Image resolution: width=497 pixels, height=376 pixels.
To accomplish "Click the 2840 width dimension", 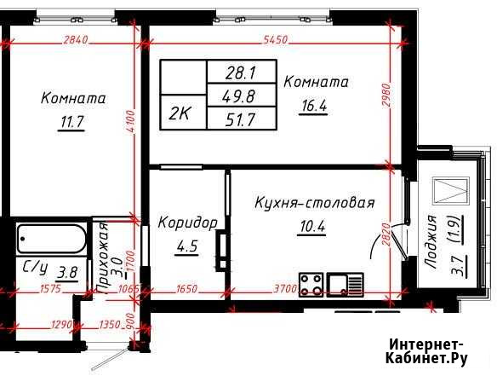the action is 76,40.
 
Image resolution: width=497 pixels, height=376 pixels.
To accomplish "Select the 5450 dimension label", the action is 275,40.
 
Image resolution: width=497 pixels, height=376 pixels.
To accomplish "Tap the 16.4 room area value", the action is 314,106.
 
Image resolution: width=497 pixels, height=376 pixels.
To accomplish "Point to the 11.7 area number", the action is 71,122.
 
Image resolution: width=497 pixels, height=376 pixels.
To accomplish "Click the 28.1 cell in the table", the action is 240,73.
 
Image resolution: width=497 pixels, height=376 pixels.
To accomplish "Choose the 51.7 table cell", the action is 240,119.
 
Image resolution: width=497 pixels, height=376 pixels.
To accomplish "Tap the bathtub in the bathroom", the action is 51,239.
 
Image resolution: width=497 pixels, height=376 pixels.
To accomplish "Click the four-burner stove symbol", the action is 311,285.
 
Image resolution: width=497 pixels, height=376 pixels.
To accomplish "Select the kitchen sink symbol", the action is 346,285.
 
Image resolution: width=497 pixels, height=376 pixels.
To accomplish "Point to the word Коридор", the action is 187,223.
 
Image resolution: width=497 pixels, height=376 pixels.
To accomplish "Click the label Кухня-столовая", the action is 314,203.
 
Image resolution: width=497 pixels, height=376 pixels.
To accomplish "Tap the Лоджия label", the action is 431,242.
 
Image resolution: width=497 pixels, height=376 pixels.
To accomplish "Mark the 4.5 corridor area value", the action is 187,246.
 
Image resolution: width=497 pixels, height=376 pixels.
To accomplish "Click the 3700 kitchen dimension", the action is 285,289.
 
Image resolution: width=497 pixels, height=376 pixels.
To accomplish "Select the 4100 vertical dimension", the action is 131,122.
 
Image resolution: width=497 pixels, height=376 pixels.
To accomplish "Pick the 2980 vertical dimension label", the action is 386,95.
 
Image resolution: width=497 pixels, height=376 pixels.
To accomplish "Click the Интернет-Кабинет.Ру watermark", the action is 426,351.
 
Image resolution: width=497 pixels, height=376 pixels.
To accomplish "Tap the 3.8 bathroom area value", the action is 67,272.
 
